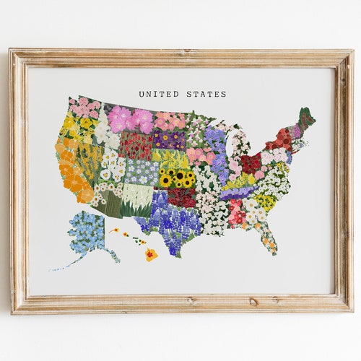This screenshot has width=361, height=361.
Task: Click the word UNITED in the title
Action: [157, 94]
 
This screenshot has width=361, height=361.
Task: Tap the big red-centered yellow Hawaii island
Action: [150, 253]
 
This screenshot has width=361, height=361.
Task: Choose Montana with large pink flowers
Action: [130, 119]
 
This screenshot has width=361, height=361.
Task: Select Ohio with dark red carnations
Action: [251, 163]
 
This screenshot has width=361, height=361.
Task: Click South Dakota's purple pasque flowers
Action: [170, 139]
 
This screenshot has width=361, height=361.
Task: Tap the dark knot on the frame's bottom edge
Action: [253, 302]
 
